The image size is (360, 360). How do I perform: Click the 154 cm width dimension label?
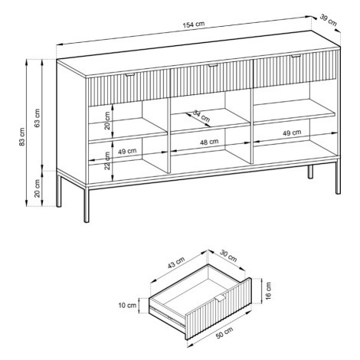(x=194, y=25)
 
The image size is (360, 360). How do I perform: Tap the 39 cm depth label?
(x=329, y=20)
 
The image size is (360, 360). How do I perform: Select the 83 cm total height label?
(x=22, y=136)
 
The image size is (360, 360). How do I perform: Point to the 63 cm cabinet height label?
(x=38, y=118)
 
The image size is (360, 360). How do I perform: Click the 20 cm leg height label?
(x=38, y=188)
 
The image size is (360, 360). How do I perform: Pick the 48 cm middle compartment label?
(x=209, y=142)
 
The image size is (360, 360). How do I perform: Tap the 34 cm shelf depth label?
(x=201, y=116)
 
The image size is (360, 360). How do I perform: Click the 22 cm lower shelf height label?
(x=107, y=161)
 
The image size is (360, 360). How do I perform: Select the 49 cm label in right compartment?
(x=292, y=133)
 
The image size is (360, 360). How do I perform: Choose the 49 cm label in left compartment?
(x=127, y=151)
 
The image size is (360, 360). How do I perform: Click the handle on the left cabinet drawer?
(x=129, y=74)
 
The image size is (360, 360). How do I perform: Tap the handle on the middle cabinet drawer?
(x=213, y=66)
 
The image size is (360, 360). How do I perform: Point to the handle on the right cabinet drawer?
(x=296, y=56)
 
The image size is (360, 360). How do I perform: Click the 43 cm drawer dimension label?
(x=176, y=263)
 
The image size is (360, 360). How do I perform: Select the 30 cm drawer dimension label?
(x=228, y=256)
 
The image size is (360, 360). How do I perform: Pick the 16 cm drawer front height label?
(x=268, y=290)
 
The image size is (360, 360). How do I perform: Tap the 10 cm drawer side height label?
(x=127, y=305)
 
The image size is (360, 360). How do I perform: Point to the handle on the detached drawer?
(x=220, y=299)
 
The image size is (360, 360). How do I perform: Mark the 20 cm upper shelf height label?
(x=107, y=120)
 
